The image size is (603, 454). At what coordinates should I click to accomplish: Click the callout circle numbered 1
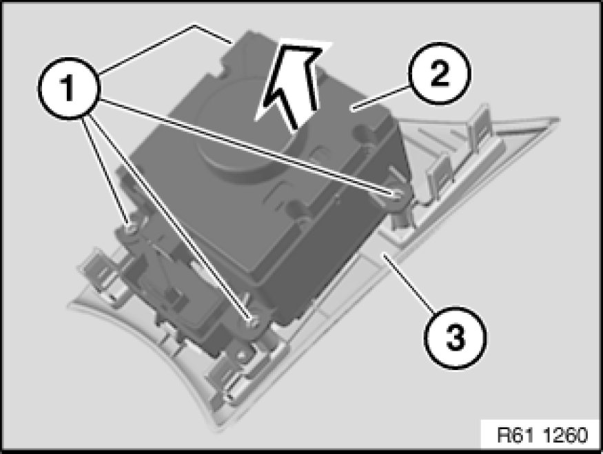coord(68,88)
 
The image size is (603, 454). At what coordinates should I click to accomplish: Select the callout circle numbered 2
coord(440,73)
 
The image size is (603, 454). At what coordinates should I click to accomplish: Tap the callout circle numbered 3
coord(455,338)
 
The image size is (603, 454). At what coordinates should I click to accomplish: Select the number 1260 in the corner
coord(566,435)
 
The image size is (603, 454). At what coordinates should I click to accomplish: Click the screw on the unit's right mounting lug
coord(396,195)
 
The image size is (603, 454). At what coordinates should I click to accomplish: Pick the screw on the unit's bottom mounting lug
coord(252,321)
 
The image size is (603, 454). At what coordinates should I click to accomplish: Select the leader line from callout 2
coord(380,99)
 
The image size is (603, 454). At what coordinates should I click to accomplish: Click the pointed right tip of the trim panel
coord(558,119)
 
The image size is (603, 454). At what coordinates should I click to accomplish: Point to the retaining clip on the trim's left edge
coord(97,270)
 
